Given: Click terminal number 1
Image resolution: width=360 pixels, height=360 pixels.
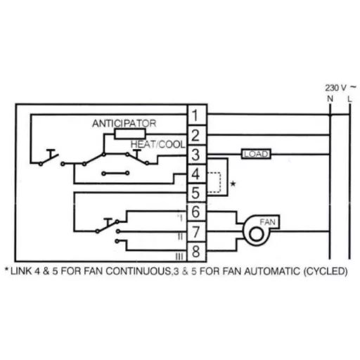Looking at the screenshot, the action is coord(196,115).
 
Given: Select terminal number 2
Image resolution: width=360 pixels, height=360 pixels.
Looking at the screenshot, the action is coord(196,135).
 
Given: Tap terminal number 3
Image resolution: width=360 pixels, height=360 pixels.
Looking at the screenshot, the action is coord(196,155).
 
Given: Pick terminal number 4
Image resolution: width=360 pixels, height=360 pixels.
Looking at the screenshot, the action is coord(196,174).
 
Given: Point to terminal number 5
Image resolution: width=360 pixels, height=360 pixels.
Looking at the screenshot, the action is coord(196,193).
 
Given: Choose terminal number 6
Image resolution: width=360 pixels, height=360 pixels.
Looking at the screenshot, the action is coord(196,212).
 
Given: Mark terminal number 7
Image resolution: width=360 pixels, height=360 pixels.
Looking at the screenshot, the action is coord(196,232).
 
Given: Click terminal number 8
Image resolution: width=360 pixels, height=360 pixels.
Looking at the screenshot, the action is coord(196,252).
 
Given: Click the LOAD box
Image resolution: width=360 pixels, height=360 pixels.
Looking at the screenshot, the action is coord(256,154).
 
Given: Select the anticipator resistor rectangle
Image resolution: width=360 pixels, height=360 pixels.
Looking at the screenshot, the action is coord(130,134).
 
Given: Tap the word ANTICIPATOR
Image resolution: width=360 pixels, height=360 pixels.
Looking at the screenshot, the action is coord(124,123).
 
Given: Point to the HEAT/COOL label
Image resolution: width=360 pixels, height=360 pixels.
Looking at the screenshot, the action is coord(158,144).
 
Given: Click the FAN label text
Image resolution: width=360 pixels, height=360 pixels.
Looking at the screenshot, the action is coord(267,221).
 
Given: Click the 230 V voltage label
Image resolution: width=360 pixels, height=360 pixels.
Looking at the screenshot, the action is coord(335,88).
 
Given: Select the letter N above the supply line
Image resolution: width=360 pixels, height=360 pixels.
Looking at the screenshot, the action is coord(330,99).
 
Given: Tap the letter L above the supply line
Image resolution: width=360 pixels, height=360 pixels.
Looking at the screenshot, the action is coord(349,99).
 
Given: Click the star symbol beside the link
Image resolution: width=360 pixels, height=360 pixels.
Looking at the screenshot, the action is coord(233,184).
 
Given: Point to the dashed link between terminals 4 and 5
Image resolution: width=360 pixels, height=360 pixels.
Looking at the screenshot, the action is coord(220,183).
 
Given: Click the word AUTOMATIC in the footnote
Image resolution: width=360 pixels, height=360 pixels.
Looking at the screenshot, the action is coord(272,271).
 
